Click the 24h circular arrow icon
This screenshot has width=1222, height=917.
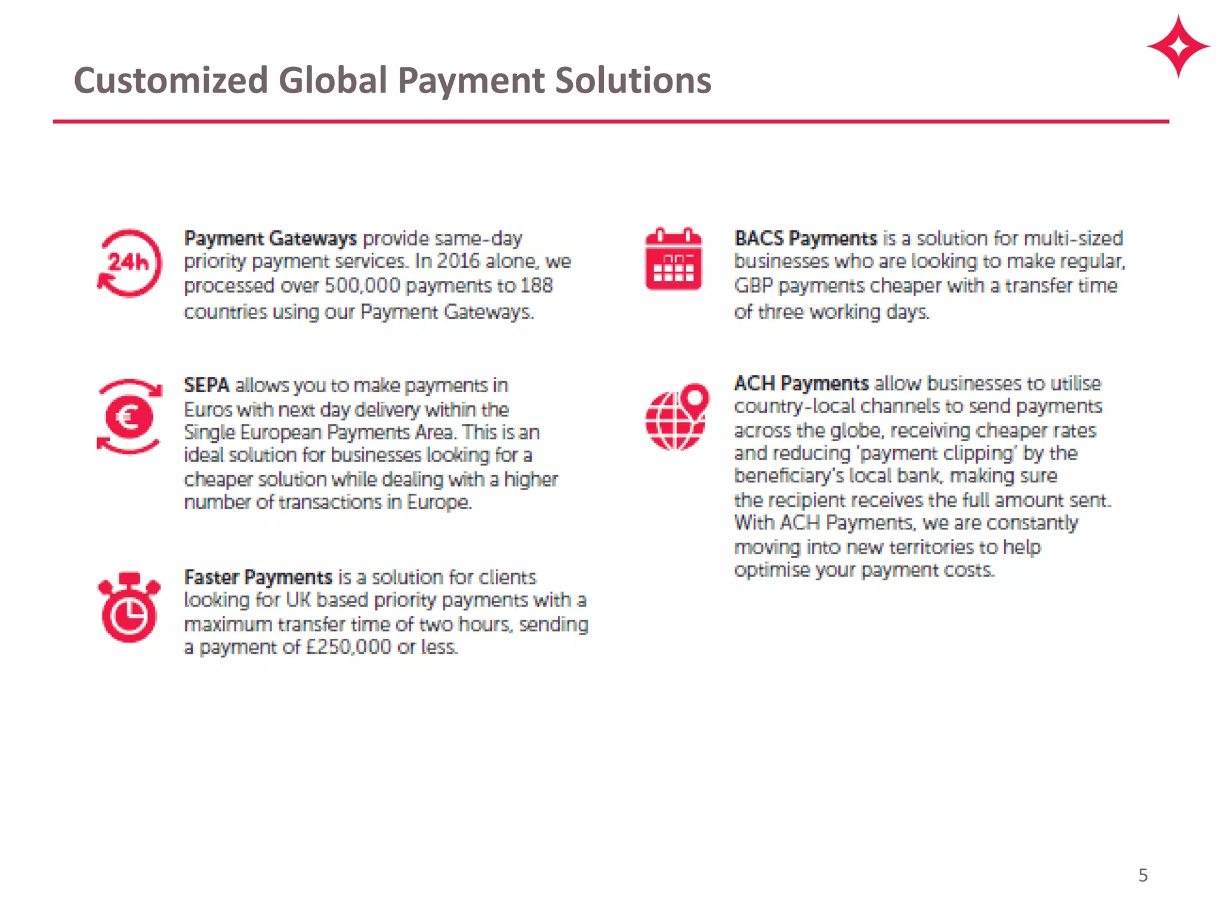click(129, 263)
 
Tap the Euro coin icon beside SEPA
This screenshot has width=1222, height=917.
click(129, 416)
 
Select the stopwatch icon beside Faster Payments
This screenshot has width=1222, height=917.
click(129, 607)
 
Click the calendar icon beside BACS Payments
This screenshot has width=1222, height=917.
click(674, 259)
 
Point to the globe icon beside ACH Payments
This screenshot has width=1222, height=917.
click(677, 417)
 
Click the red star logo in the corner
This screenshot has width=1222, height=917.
click(1178, 47)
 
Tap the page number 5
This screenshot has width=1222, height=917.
click(1143, 875)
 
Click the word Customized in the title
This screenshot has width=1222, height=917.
click(171, 81)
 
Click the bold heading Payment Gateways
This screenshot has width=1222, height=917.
click(270, 239)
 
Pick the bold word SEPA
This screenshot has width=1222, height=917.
click(206, 385)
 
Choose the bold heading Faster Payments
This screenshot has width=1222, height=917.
click(258, 577)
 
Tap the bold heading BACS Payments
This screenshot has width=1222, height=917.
click(806, 239)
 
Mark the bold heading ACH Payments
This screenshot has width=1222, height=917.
click(801, 383)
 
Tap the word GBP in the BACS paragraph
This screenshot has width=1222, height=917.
click(753, 286)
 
